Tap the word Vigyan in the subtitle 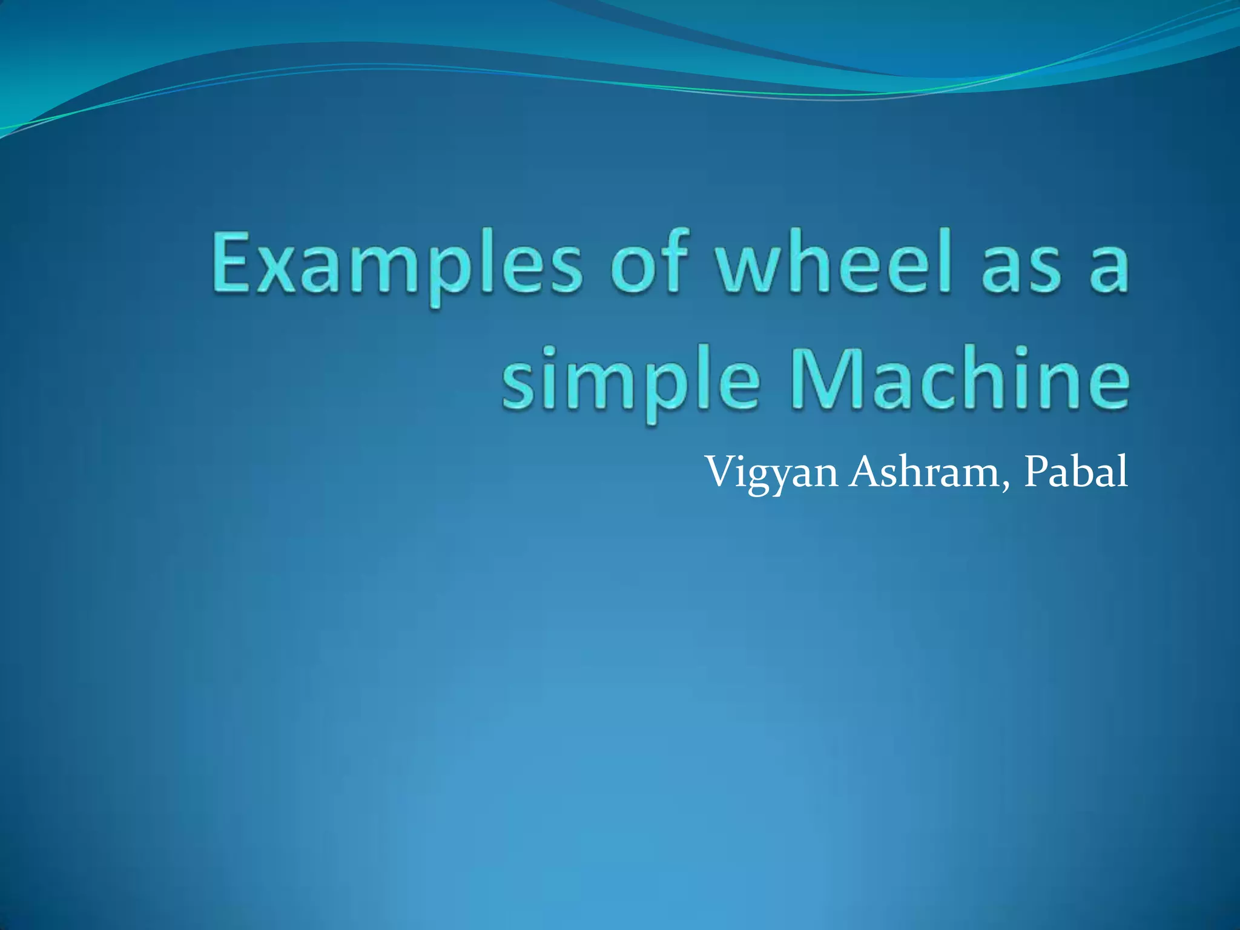773,473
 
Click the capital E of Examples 232,262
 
